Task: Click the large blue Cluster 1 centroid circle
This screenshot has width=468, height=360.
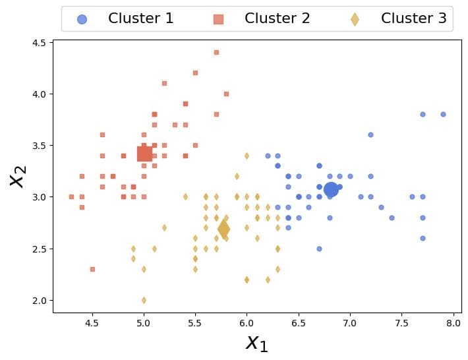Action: pos(331,189)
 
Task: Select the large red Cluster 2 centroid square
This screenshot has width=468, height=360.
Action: pos(144,154)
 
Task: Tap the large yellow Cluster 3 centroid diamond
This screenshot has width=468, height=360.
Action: pos(223,229)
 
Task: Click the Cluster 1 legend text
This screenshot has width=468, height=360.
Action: pos(141,18)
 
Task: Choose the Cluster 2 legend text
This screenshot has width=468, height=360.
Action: pos(277,18)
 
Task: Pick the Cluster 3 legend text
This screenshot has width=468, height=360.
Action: pos(413,18)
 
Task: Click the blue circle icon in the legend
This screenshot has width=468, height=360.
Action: pos(81,19)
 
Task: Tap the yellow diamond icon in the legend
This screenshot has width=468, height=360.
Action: pos(355,19)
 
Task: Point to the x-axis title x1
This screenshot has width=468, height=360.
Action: pos(256,342)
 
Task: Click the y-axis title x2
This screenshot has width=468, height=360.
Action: pos(18,175)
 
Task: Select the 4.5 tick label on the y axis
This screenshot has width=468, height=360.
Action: pos(39,43)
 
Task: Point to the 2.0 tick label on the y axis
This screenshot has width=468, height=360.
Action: pos(39,300)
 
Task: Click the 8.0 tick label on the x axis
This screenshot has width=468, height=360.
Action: pos(453,324)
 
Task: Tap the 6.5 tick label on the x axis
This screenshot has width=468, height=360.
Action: pos(298,324)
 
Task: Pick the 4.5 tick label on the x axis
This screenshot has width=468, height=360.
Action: pos(92,324)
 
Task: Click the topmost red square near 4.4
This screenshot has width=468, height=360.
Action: pos(216,52)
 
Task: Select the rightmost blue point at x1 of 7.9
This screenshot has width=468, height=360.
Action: pos(443,114)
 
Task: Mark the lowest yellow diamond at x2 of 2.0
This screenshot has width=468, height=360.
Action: pos(144,300)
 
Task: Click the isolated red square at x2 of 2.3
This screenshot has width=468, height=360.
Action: pos(92,269)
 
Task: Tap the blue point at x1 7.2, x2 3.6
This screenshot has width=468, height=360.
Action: pos(370,135)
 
